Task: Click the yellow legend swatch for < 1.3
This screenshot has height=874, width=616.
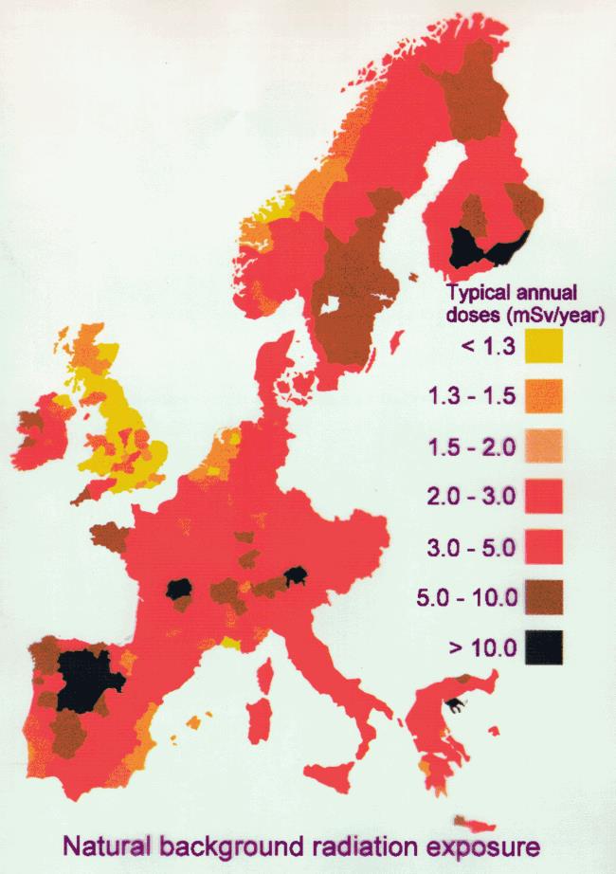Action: [x=542, y=345]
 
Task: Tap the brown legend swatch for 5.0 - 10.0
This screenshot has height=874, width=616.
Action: [x=542, y=596]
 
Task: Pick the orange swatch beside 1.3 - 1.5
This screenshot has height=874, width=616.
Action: [x=542, y=395]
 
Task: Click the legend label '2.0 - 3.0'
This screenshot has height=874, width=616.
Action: [x=479, y=496]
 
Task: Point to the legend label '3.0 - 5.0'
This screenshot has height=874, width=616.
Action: [x=479, y=547]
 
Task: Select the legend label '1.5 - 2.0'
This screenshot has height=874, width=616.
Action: [x=479, y=446]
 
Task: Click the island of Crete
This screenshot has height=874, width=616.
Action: [x=474, y=822]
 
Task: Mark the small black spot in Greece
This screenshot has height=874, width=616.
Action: [x=458, y=703]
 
